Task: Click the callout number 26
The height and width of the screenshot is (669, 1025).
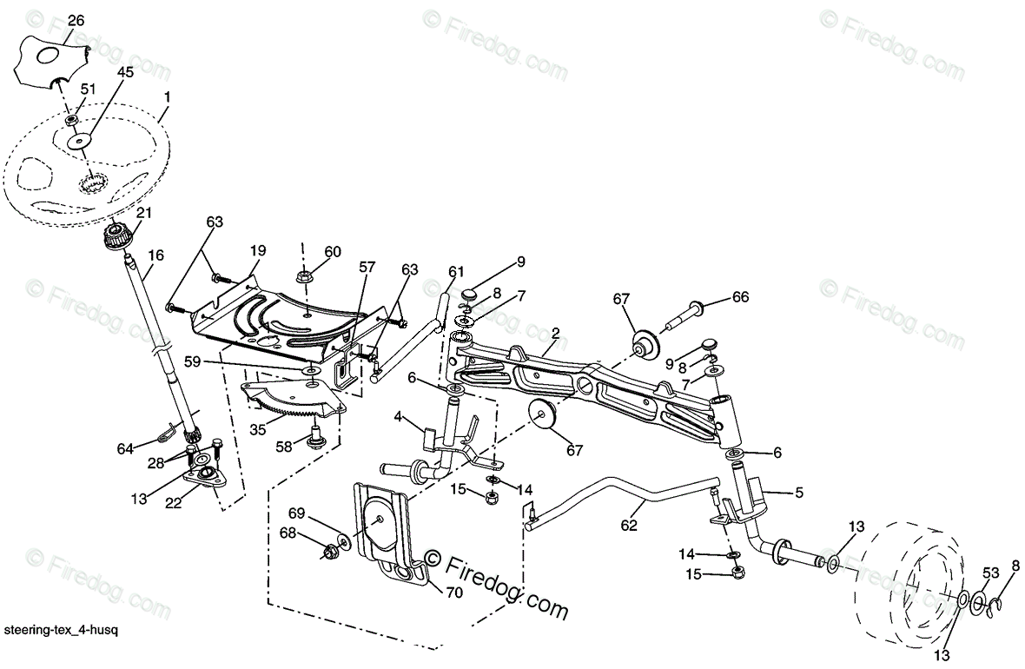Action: (76, 20)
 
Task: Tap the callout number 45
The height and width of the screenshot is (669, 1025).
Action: (125, 73)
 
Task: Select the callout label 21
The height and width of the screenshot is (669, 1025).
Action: (143, 213)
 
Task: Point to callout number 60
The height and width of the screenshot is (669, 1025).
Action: (333, 252)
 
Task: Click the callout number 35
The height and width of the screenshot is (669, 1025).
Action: (257, 429)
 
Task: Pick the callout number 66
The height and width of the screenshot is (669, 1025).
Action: (739, 297)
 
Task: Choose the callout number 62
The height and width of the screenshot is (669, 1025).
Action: (629, 525)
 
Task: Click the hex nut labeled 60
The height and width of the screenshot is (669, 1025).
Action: (304, 277)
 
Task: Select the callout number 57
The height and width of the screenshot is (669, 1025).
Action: (367, 268)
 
